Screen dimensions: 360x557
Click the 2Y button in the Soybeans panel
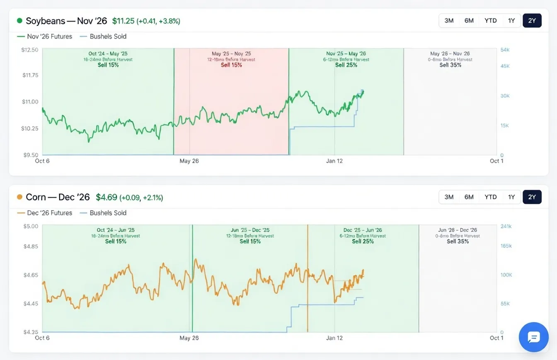pos(532,20)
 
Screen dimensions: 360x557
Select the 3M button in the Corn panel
pos(449,197)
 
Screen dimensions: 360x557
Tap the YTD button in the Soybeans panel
pos(490,20)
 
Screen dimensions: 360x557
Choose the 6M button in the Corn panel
pos(469,197)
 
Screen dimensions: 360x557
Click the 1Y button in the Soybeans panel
pos(511,20)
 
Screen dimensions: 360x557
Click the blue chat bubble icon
pos(533,337)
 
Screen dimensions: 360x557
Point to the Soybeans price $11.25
pos(124,21)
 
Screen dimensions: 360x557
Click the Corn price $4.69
pos(107,197)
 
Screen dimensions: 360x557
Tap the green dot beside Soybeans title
pos(19,21)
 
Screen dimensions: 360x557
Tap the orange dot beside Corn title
pos(19,197)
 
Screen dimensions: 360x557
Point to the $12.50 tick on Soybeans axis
pos(29,50)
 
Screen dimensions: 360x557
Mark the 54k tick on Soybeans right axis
pos(505,50)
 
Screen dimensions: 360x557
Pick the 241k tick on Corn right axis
pos(506,226)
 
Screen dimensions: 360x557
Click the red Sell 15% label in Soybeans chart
pos(231,65)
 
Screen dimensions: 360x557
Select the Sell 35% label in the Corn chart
pos(458,241)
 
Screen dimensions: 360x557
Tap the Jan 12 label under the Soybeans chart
pos(334,161)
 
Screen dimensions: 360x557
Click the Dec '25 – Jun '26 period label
pos(363,230)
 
